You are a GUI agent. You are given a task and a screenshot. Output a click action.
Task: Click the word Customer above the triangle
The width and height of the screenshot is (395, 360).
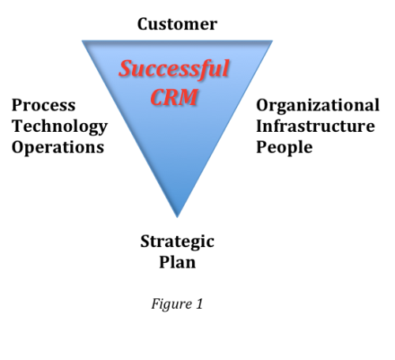177,24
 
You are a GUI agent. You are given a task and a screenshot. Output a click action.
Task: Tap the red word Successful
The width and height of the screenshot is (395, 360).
174,69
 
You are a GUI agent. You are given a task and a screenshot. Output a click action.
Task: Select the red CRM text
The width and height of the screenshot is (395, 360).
174,97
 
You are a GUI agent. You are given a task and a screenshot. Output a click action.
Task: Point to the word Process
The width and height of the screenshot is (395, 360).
43,105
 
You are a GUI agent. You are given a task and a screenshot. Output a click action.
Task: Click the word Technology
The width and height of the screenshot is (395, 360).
60,127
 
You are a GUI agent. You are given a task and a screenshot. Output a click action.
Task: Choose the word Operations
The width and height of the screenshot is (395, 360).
58,148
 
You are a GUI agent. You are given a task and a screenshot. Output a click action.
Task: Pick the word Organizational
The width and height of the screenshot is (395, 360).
318,106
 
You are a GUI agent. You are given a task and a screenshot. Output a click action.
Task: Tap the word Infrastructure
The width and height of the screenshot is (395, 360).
315,126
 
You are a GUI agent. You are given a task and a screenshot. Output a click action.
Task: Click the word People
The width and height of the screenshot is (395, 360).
284,148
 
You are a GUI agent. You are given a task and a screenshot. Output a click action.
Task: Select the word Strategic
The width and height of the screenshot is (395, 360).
177,242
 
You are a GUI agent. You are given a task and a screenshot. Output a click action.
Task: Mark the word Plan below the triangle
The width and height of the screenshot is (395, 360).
177,262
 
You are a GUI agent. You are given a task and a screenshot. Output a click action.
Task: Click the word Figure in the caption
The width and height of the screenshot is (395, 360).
171,304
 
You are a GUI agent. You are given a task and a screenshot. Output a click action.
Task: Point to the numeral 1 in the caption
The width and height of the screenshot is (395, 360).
199,304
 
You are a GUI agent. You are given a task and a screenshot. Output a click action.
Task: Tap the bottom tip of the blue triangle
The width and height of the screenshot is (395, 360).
177,218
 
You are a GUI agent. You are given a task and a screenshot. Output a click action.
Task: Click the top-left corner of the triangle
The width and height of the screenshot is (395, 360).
82,40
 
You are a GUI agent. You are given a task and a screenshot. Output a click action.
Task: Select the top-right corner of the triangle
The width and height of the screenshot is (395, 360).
273,40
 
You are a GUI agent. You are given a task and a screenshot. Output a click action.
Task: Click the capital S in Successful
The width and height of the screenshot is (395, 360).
126,69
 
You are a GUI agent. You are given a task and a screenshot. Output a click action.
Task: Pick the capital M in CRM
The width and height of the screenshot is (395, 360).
187,97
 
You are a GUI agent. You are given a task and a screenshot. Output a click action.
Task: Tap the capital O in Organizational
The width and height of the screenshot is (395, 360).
263,105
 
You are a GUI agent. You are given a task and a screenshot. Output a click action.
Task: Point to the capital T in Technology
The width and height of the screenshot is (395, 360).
17,126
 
